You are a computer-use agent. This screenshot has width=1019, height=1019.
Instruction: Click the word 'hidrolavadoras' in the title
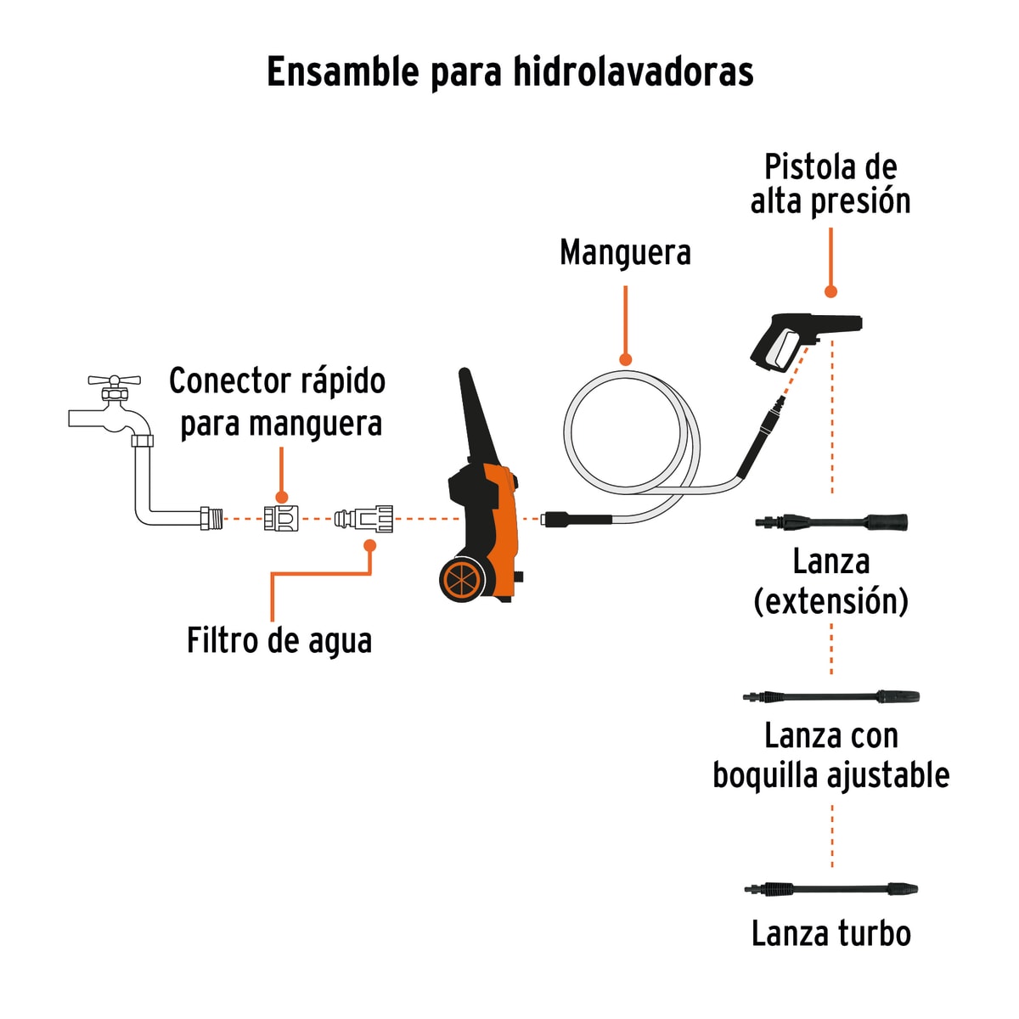(x=633, y=72)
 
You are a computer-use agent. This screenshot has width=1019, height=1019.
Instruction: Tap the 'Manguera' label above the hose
(x=625, y=253)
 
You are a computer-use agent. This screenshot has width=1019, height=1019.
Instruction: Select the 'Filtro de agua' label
(x=279, y=641)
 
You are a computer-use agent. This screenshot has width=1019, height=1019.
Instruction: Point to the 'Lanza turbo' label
(x=831, y=934)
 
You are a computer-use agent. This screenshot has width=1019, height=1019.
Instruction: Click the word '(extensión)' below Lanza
(x=830, y=601)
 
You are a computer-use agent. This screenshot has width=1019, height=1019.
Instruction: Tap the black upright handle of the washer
(x=472, y=416)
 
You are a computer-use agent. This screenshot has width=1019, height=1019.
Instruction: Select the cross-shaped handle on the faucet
(x=114, y=380)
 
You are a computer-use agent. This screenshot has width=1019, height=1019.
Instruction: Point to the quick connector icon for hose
(x=281, y=518)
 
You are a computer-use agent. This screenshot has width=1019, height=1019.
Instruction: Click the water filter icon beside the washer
(x=364, y=518)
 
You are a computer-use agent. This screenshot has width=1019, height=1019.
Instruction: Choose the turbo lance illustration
(x=830, y=889)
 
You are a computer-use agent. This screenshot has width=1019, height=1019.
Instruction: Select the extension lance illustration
(x=830, y=521)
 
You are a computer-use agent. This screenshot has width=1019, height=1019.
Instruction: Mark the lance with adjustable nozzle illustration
(x=830, y=697)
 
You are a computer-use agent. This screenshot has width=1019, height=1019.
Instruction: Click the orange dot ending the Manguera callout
(x=626, y=359)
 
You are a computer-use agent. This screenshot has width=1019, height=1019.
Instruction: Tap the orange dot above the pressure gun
(x=830, y=291)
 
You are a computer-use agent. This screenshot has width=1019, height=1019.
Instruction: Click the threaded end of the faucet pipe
(x=211, y=518)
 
